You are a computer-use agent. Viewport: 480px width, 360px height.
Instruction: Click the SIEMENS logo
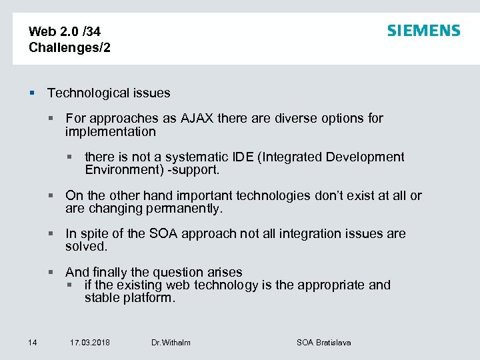(423, 31)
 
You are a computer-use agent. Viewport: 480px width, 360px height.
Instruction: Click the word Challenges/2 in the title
(70, 47)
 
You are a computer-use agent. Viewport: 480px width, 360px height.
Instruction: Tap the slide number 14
(32, 343)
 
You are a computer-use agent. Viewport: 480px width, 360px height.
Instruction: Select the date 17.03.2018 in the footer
(90, 343)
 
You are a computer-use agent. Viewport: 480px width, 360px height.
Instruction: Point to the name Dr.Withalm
(171, 343)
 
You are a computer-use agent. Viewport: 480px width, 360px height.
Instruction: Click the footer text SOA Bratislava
(323, 343)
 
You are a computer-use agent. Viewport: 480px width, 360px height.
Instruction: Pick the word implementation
(111, 131)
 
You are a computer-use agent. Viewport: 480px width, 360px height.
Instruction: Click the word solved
(86, 247)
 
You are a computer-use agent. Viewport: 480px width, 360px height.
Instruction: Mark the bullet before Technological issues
(31, 93)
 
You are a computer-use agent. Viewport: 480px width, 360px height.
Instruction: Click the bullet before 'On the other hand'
(50, 196)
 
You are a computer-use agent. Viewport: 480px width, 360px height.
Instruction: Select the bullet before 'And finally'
(50, 273)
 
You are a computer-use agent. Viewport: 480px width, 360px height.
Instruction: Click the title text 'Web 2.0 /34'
(65, 31)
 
